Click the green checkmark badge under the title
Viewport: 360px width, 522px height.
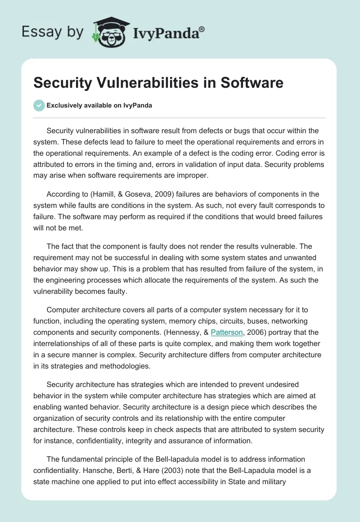pos(39,105)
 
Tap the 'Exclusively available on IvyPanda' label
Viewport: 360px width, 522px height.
pos(99,105)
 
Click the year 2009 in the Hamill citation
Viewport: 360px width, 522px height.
pos(153,194)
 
